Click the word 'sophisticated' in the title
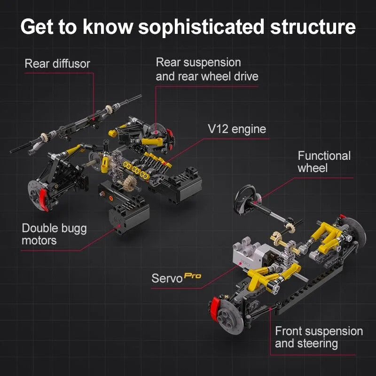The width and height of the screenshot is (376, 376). (x=201, y=27)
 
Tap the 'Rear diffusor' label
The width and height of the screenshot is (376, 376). (x=57, y=63)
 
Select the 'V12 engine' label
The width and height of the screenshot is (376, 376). (x=237, y=129)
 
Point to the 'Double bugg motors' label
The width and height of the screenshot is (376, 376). (x=54, y=234)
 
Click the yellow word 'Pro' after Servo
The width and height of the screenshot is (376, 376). (x=193, y=276)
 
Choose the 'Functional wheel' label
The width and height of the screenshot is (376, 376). (x=324, y=162)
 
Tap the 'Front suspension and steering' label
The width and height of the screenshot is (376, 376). (x=319, y=337)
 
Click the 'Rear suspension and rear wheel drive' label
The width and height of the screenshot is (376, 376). (x=207, y=69)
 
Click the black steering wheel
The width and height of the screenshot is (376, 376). (x=245, y=199)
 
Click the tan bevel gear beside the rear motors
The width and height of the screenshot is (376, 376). (x=130, y=183)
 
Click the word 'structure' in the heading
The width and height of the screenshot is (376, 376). (x=313, y=27)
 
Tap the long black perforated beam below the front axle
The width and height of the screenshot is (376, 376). (x=309, y=288)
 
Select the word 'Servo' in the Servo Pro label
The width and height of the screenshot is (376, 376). (x=167, y=278)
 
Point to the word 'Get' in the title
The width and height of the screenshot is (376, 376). (x=37, y=27)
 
